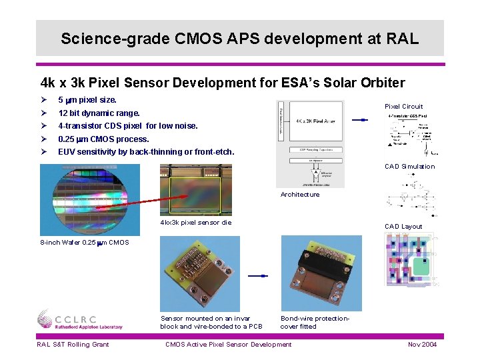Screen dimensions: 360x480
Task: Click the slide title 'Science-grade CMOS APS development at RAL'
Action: [x=239, y=38]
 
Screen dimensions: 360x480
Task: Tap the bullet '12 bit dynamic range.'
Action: [x=99, y=113]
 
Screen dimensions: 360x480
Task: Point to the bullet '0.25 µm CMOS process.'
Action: [x=103, y=139]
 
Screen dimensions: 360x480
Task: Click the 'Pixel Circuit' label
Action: [x=403, y=106]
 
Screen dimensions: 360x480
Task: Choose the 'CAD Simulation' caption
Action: [x=409, y=167]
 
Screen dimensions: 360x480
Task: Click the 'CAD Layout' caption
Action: [x=403, y=227]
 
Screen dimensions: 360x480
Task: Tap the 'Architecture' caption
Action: [x=299, y=195]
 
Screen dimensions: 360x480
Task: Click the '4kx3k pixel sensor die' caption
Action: [x=196, y=223]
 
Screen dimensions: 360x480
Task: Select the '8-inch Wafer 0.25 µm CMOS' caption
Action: [x=85, y=242]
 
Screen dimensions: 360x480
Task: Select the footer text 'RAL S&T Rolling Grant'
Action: [x=73, y=344]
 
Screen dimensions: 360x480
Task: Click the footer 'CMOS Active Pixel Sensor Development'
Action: [x=228, y=344]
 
